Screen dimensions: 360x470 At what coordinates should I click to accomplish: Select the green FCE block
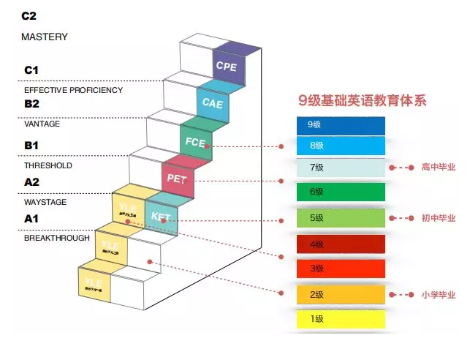pos(195,141)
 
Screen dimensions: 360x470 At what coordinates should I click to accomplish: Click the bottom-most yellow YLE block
pos(94,285)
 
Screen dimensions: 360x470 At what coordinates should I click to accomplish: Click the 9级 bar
pos(341,125)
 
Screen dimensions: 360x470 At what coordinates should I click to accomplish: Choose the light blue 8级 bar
pos(341,146)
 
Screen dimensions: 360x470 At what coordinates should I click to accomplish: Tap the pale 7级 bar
pos(341,168)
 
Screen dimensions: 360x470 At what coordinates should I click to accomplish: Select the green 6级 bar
pos(341,192)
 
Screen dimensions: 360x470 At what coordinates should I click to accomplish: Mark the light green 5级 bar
pos(341,218)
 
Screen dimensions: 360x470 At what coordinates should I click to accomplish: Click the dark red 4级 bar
pos(341,244)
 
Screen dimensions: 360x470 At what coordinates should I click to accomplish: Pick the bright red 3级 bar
pos(341,269)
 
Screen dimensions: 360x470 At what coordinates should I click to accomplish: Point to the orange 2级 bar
pos(341,295)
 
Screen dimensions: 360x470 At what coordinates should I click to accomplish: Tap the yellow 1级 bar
pos(341,319)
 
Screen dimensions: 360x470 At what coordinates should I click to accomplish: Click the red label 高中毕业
pos(438,168)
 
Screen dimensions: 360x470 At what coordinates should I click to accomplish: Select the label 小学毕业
pos(438,295)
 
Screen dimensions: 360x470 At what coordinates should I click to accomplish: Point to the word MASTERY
pos(45,37)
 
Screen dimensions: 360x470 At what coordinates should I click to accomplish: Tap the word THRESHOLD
pos(48,166)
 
